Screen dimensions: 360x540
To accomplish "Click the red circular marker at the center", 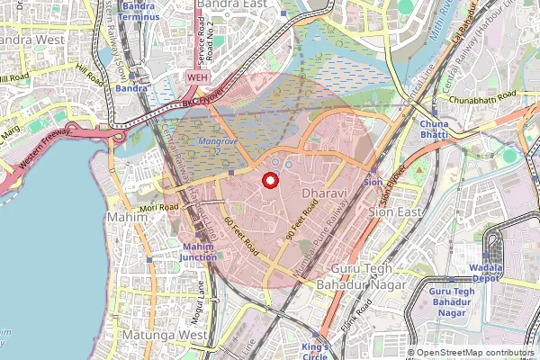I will click(269, 180).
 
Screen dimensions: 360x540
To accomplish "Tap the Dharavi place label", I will click(322, 194).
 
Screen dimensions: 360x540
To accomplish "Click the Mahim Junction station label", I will click(199, 253).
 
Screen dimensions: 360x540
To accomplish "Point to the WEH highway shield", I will click(197, 78).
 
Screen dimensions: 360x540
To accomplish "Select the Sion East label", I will click(396, 211).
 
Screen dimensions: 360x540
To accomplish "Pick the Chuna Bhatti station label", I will click(434, 129).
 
